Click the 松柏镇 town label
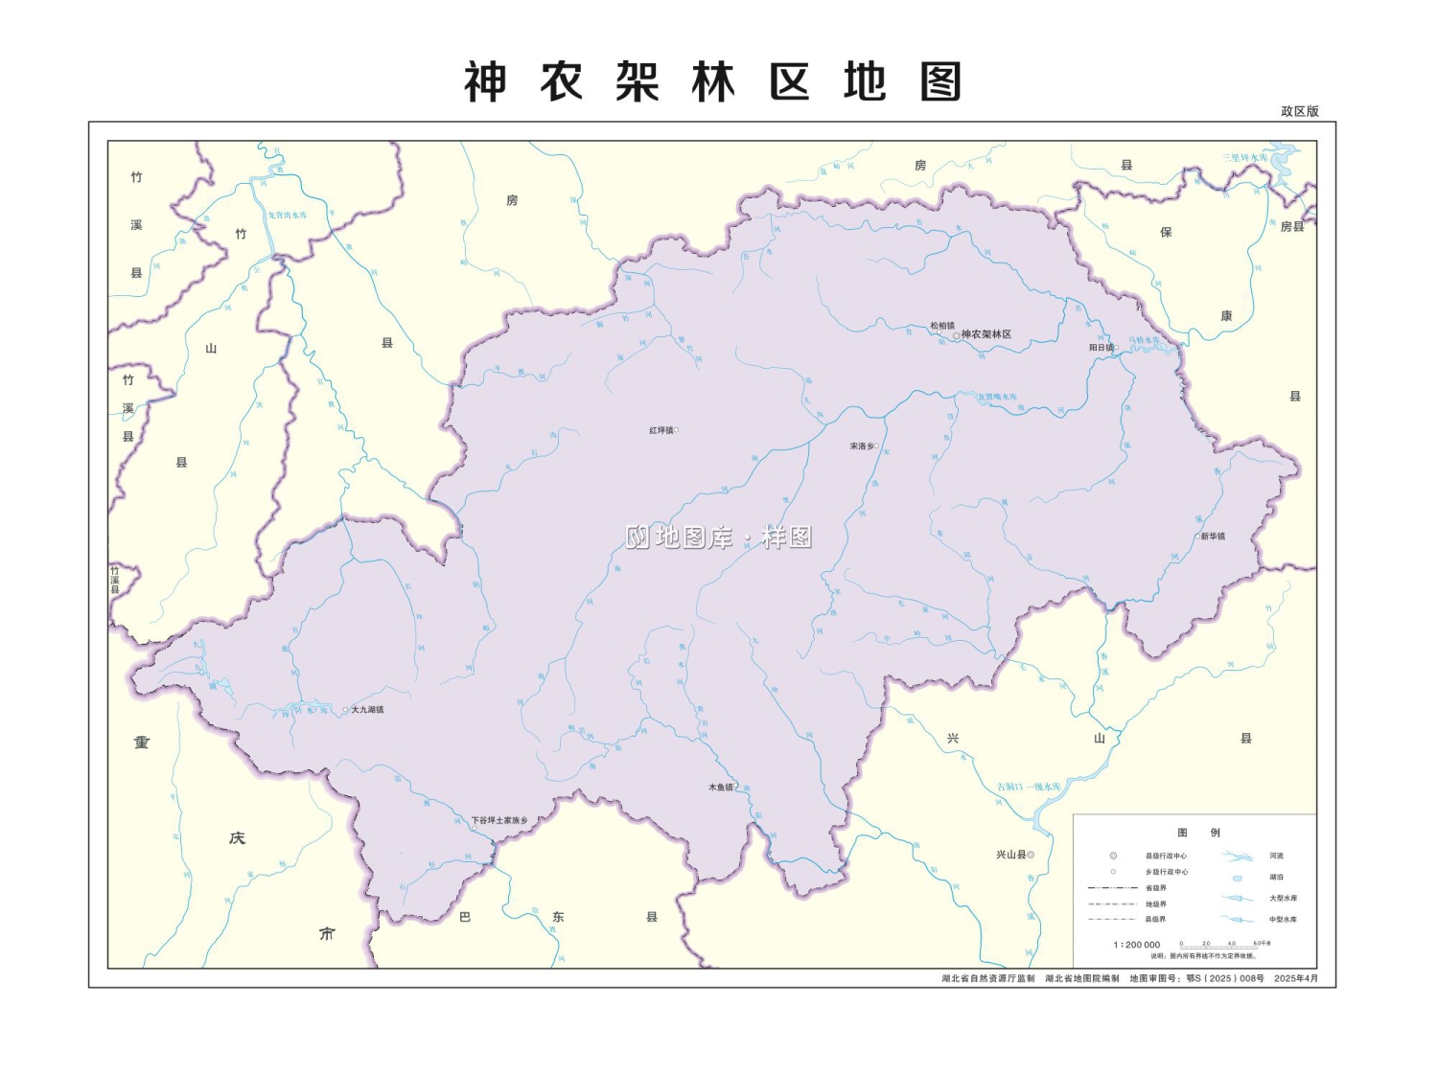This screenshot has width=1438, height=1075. [x=941, y=326]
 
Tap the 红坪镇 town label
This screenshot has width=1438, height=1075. [x=661, y=430]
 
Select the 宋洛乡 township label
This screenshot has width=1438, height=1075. [x=861, y=446]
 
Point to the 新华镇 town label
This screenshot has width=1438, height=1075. [x=1213, y=537]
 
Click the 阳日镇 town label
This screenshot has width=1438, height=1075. [x=1101, y=348]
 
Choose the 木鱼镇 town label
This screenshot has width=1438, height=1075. [x=720, y=788]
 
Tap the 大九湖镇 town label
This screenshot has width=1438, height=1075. [x=367, y=710]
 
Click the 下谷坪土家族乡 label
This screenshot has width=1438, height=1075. [x=499, y=821]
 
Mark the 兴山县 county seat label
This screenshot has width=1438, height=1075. [x=1010, y=855]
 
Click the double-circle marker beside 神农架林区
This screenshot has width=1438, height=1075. [x=956, y=335]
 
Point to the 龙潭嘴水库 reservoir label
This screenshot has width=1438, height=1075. [x=997, y=397]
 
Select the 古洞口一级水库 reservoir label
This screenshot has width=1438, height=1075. [x=1029, y=788]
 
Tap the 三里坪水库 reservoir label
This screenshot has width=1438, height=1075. [x=1244, y=157]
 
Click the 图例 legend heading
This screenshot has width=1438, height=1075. [x=1198, y=833]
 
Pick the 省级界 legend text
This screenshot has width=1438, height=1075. [x=1155, y=888]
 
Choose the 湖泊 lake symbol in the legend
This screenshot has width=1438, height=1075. [x=1237, y=878]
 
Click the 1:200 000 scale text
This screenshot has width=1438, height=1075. [x=1136, y=945]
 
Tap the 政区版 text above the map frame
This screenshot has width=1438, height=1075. [x=1299, y=111]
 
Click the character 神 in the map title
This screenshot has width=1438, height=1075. [x=485, y=82]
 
